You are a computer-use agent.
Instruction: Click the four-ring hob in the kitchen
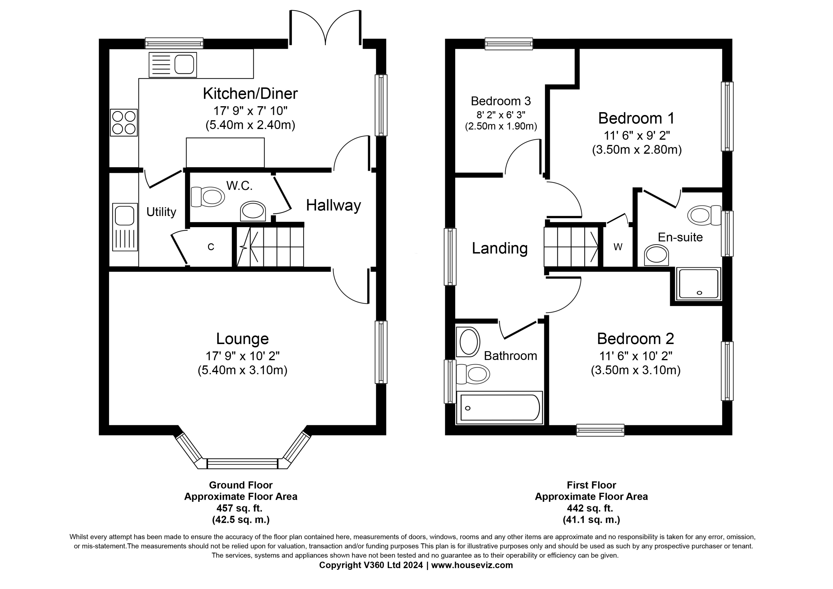point(124,123)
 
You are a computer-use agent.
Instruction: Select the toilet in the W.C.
point(208,197)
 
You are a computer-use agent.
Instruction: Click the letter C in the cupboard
point(211,247)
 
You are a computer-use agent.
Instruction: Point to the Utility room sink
point(125,227)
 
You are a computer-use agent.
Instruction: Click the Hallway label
point(333,205)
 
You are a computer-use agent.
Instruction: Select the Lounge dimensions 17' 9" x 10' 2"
point(242,356)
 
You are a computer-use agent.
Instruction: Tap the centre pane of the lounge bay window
point(242,464)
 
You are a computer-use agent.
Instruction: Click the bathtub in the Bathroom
point(500,408)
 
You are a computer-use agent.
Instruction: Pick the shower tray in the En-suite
point(698,284)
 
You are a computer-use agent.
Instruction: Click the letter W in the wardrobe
point(618,247)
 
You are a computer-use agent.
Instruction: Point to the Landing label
point(500,248)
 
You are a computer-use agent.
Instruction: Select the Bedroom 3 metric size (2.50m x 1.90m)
point(501,126)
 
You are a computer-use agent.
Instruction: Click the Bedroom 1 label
point(636,118)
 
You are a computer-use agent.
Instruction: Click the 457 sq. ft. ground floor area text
point(239,508)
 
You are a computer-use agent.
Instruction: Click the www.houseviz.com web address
point(472,565)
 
